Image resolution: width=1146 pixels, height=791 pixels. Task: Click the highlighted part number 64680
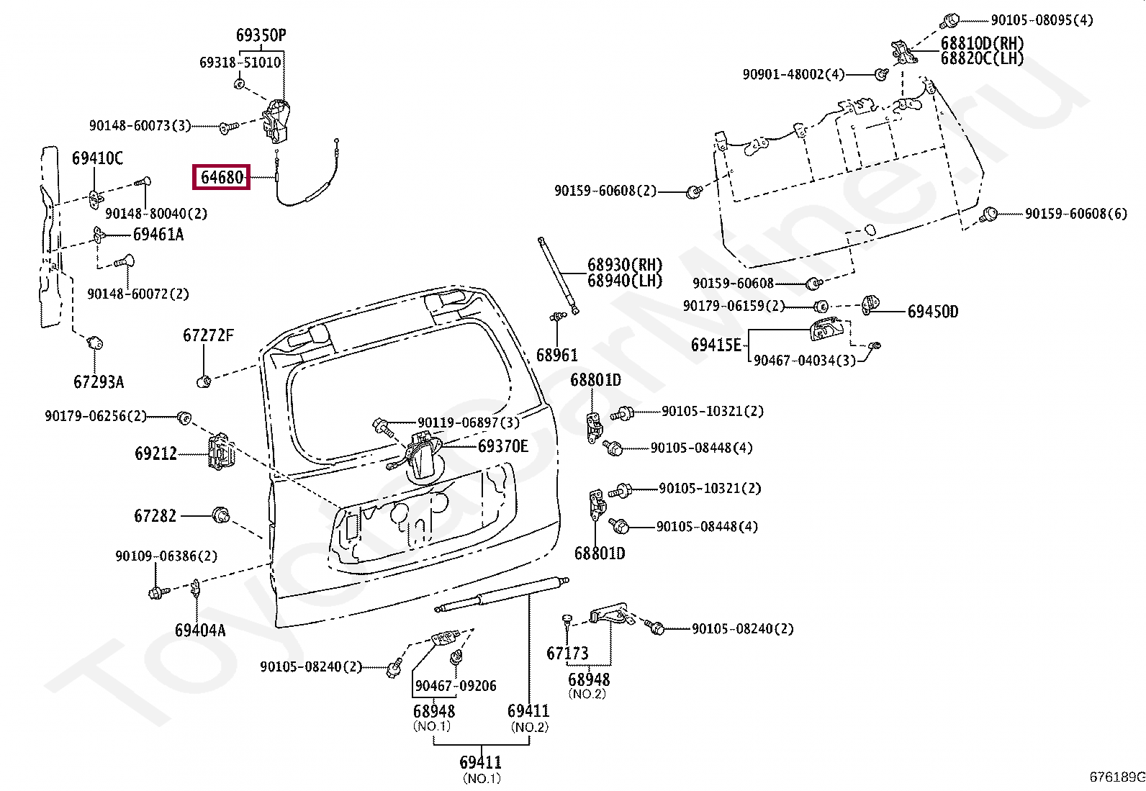point(221,176)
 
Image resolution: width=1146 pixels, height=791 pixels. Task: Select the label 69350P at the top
point(261,35)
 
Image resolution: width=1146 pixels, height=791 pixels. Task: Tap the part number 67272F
point(208,335)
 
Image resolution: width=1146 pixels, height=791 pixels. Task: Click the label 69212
point(155,453)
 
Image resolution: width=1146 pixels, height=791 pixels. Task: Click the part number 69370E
point(502,446)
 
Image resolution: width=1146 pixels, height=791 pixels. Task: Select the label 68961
point(556,355)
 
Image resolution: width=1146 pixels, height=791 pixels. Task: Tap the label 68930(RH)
point(624,265)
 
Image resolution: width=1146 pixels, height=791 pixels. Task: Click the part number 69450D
point(932,312)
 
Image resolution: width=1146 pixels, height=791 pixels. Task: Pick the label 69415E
point(716,345)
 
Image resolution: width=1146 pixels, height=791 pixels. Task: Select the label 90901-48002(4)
point(793,74)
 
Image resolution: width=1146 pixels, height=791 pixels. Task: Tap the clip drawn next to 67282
point(220,515)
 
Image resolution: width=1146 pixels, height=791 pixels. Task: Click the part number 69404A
point(199,630)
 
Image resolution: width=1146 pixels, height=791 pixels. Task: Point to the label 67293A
point(99,381)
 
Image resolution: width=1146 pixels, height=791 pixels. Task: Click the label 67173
point(567,654)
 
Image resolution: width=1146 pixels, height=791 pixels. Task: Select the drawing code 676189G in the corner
point(1116,777)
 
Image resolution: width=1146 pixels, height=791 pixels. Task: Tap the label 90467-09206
point(456,686)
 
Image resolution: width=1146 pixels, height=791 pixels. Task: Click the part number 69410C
point(97,158)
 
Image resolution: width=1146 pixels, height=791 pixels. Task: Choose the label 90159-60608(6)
point(1075,214)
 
